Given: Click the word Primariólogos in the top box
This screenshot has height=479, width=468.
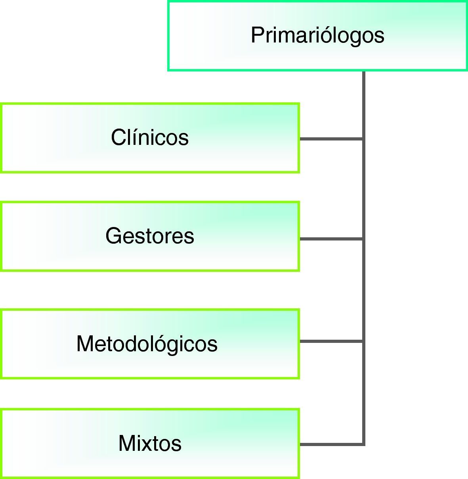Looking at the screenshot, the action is point(317,35).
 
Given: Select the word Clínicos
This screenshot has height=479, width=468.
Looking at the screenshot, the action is point(150,138).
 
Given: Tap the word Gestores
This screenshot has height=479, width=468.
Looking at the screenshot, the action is point(150,236).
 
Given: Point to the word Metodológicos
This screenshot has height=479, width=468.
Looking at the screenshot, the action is point(147,344).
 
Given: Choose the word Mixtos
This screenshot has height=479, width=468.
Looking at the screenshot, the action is point(150,443).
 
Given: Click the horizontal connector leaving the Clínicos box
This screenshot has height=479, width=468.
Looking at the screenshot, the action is point(331,139).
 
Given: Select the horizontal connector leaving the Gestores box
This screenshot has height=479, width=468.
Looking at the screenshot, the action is point(331,239).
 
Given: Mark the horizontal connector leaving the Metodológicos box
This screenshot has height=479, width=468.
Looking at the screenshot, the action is point(331,341).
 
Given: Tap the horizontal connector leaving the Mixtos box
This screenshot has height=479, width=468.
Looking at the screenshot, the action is point(331,444).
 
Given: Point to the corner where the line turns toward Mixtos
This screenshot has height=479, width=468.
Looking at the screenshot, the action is point(363,444).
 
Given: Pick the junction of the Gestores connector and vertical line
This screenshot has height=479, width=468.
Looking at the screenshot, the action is point(363,239).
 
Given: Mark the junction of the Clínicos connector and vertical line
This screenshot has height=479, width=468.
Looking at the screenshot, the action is point(363,139).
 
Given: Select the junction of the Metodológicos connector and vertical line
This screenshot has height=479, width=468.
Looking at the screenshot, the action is point(363,341).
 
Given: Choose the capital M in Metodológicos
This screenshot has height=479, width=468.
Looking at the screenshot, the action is point(86,344).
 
